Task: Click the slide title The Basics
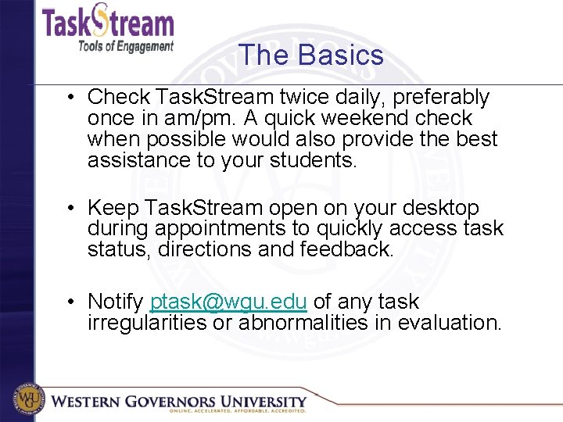pyautogui.click(x=310, y=55)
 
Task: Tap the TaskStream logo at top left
pyautogui.click(x=107, y=22)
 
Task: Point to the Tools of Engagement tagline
pyautogui.click(x=125, y=46)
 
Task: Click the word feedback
pyautogui.click(x=356, y=250)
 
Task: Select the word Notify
pyautogui.click(x=115, y=302)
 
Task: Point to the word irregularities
pyautogui.click(x=147, y=323)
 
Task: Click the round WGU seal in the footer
pyautogui.click(x=26, y=400)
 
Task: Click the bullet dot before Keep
pyautogui.click(x=70, y=209)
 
